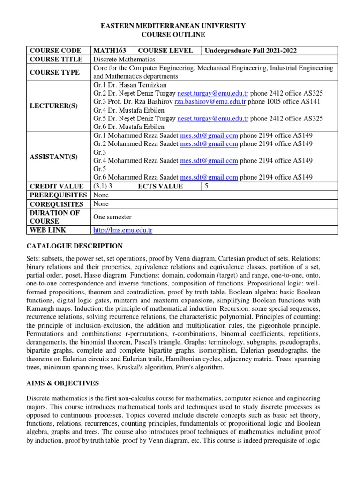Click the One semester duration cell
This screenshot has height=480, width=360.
(112, 217)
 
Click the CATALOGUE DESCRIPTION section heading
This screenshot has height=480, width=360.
(75, 246)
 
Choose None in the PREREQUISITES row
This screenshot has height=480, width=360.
(101, 195)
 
